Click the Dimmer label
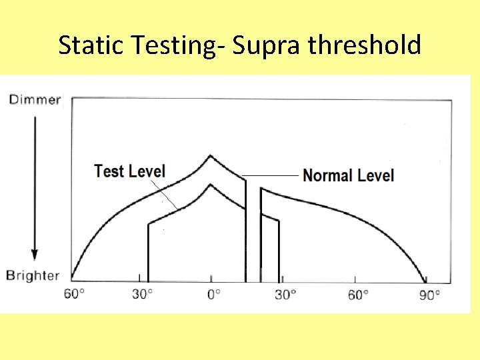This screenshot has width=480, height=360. coord(34,100)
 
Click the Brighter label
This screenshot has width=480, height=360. coord(33,275)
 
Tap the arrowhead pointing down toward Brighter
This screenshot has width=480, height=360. coord(34,255)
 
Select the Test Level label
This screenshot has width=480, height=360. coord(129,171)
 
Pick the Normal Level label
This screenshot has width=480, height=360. coord(348,176)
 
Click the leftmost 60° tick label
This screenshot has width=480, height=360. coord(75,294)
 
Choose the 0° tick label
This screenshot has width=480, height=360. coord(213,294)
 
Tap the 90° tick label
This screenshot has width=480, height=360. coord(430,294)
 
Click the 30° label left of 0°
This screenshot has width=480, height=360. coord(143,294)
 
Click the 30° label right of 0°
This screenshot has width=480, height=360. coord(285,294)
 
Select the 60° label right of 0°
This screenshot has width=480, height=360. coord(358,294)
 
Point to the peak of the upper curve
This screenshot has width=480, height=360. coord(211,156)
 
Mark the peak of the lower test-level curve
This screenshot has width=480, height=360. coord(211,186)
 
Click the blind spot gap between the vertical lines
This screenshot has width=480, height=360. coord(253,233)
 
